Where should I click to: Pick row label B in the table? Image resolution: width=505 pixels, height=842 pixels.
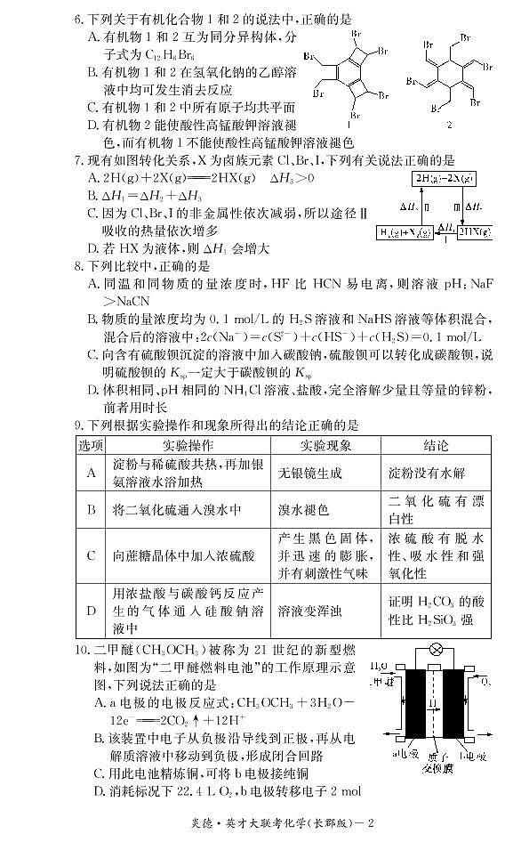point(91,510)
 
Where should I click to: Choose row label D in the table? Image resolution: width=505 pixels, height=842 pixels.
point(91,611)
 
